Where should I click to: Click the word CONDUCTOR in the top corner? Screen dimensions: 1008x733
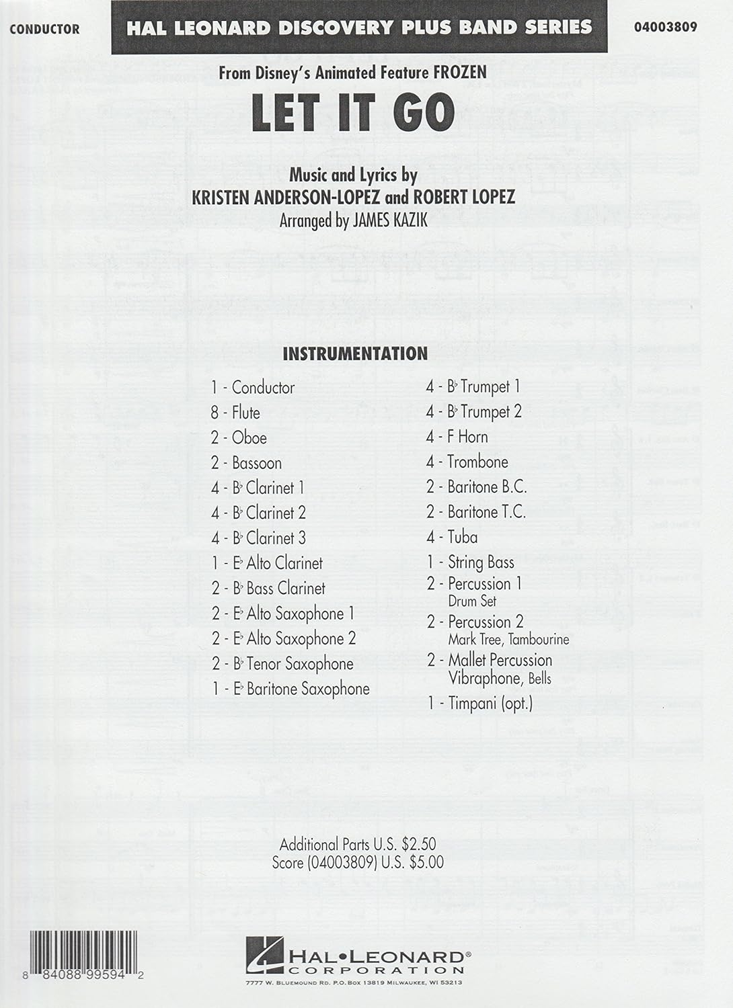[x=45, y=30]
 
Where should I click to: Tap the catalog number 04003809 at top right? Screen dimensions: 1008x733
[x=665, y=28]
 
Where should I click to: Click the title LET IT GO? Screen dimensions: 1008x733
[x=353, y=114]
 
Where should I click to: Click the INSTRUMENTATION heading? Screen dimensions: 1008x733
[x=355, y=354]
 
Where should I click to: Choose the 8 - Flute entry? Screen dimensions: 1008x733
[x=235, y=413]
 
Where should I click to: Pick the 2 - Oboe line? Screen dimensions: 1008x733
[x=239, y=438]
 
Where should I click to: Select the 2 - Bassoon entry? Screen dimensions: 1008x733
[x=246, y=463]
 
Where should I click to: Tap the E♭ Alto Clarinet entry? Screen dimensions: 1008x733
[x=267, y=563]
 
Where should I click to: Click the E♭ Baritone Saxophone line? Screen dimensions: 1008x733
[x=291, y=689]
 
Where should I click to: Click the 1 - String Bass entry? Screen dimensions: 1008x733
[x=470, y=562]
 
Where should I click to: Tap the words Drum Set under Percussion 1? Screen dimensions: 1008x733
[x=472, y=601]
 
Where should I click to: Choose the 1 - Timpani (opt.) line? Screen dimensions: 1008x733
[x=480, y=704]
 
